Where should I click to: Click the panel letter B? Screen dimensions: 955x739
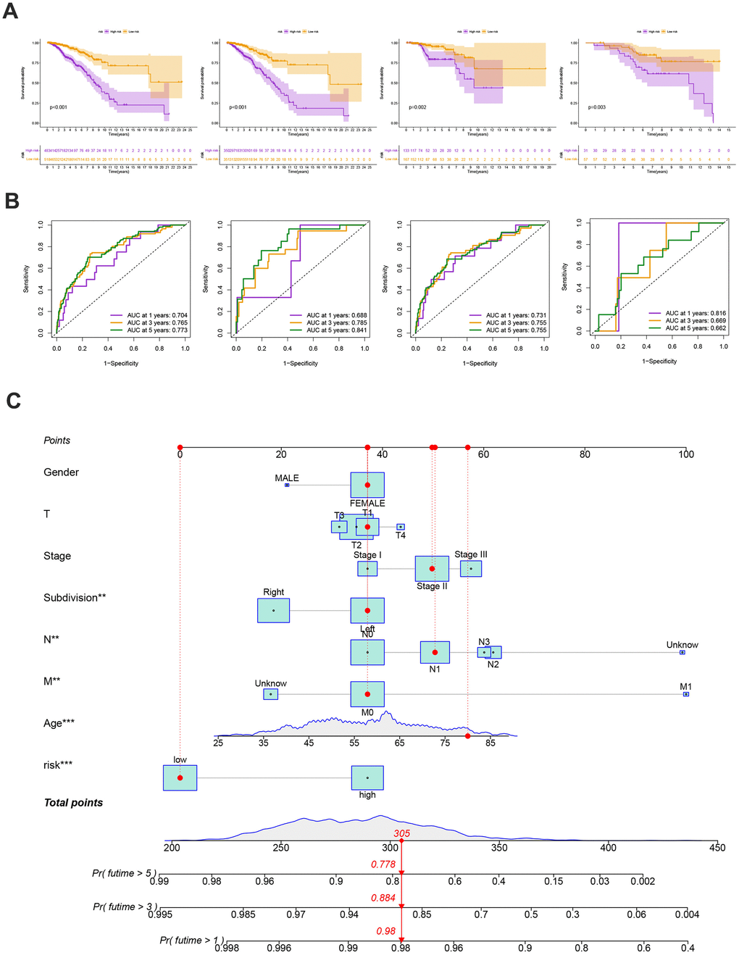click(12, 201)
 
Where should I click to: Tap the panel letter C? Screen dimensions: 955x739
click(13, 401)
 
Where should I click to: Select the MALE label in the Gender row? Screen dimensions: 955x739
click(287, 478)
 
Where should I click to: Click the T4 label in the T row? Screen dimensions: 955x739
click(401, 535)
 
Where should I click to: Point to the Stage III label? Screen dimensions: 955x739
click(471, 554)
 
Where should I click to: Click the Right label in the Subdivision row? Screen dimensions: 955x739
click(274, 592)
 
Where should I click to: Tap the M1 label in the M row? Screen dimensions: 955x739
click(685, 686)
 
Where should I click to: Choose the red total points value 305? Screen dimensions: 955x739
click(401, 833)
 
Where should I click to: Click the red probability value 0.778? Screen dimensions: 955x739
click(383, 864)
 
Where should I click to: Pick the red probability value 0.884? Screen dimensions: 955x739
click(383, 898)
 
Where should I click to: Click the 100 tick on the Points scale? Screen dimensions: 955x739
click(685, 454)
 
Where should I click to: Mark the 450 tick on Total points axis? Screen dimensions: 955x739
click(717, 848)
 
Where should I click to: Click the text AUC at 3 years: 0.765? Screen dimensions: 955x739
click(157, 323)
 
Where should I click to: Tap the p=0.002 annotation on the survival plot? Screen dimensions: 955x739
click(417, 107)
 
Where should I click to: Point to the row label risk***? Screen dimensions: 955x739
click(58, 764)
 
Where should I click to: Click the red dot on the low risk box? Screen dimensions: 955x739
click(180, 777)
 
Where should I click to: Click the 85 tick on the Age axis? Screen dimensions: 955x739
click(490, 743)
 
